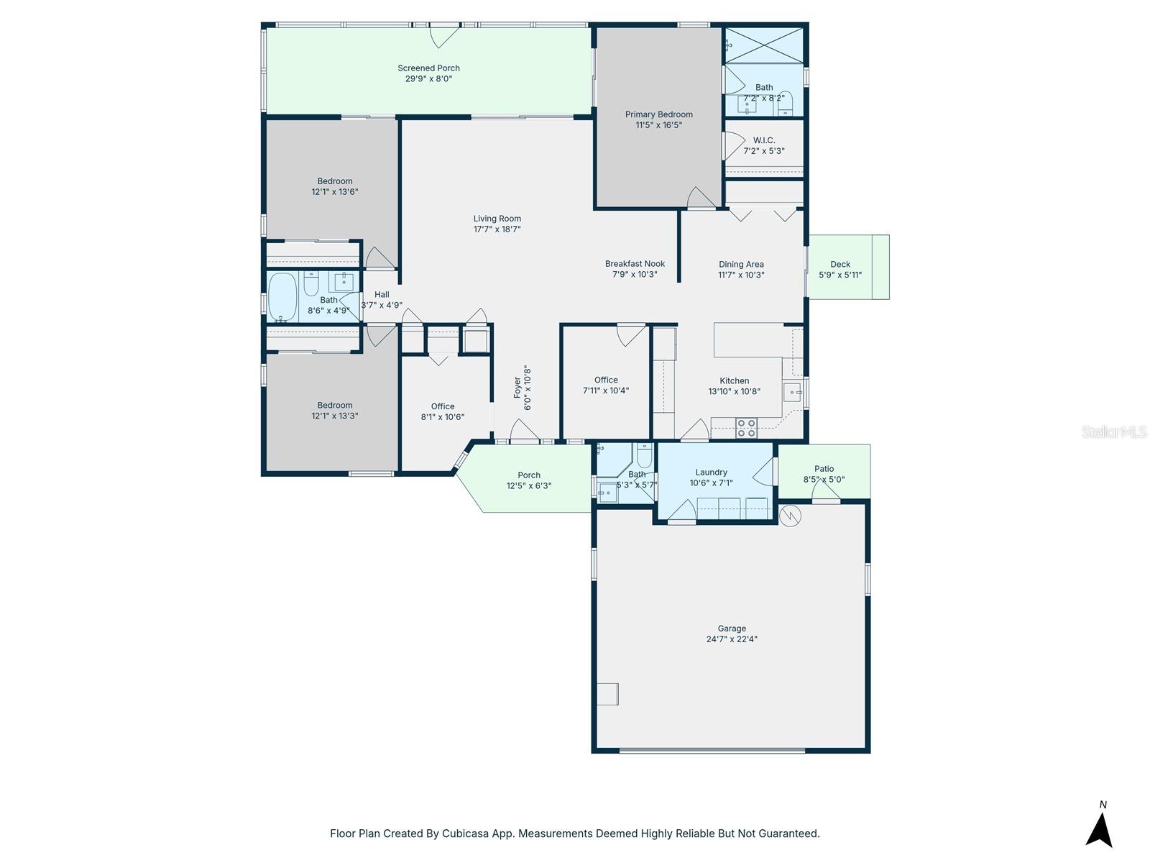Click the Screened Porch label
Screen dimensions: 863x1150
tap(428, 68)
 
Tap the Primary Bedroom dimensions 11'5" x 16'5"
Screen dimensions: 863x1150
tap(658, 125)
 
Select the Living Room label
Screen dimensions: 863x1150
tap(497, 219)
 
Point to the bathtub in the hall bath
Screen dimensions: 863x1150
tap(282, 297)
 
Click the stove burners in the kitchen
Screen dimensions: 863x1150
tap(746, 428)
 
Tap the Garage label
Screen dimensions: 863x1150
tap(731, 629)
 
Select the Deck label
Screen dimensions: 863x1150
tap(840, 265)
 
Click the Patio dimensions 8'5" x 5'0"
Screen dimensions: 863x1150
tap(824, 480)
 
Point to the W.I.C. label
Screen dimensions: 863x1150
tap(763, 140)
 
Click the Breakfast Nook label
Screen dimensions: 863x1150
tap(635, 264)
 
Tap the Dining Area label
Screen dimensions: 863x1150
tap(741, 264)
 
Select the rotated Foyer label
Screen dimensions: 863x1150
tap(517, 388)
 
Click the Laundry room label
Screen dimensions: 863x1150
tap(711, 472)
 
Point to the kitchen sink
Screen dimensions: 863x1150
tap(791, 392)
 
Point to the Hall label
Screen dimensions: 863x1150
tap(382, 294)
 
